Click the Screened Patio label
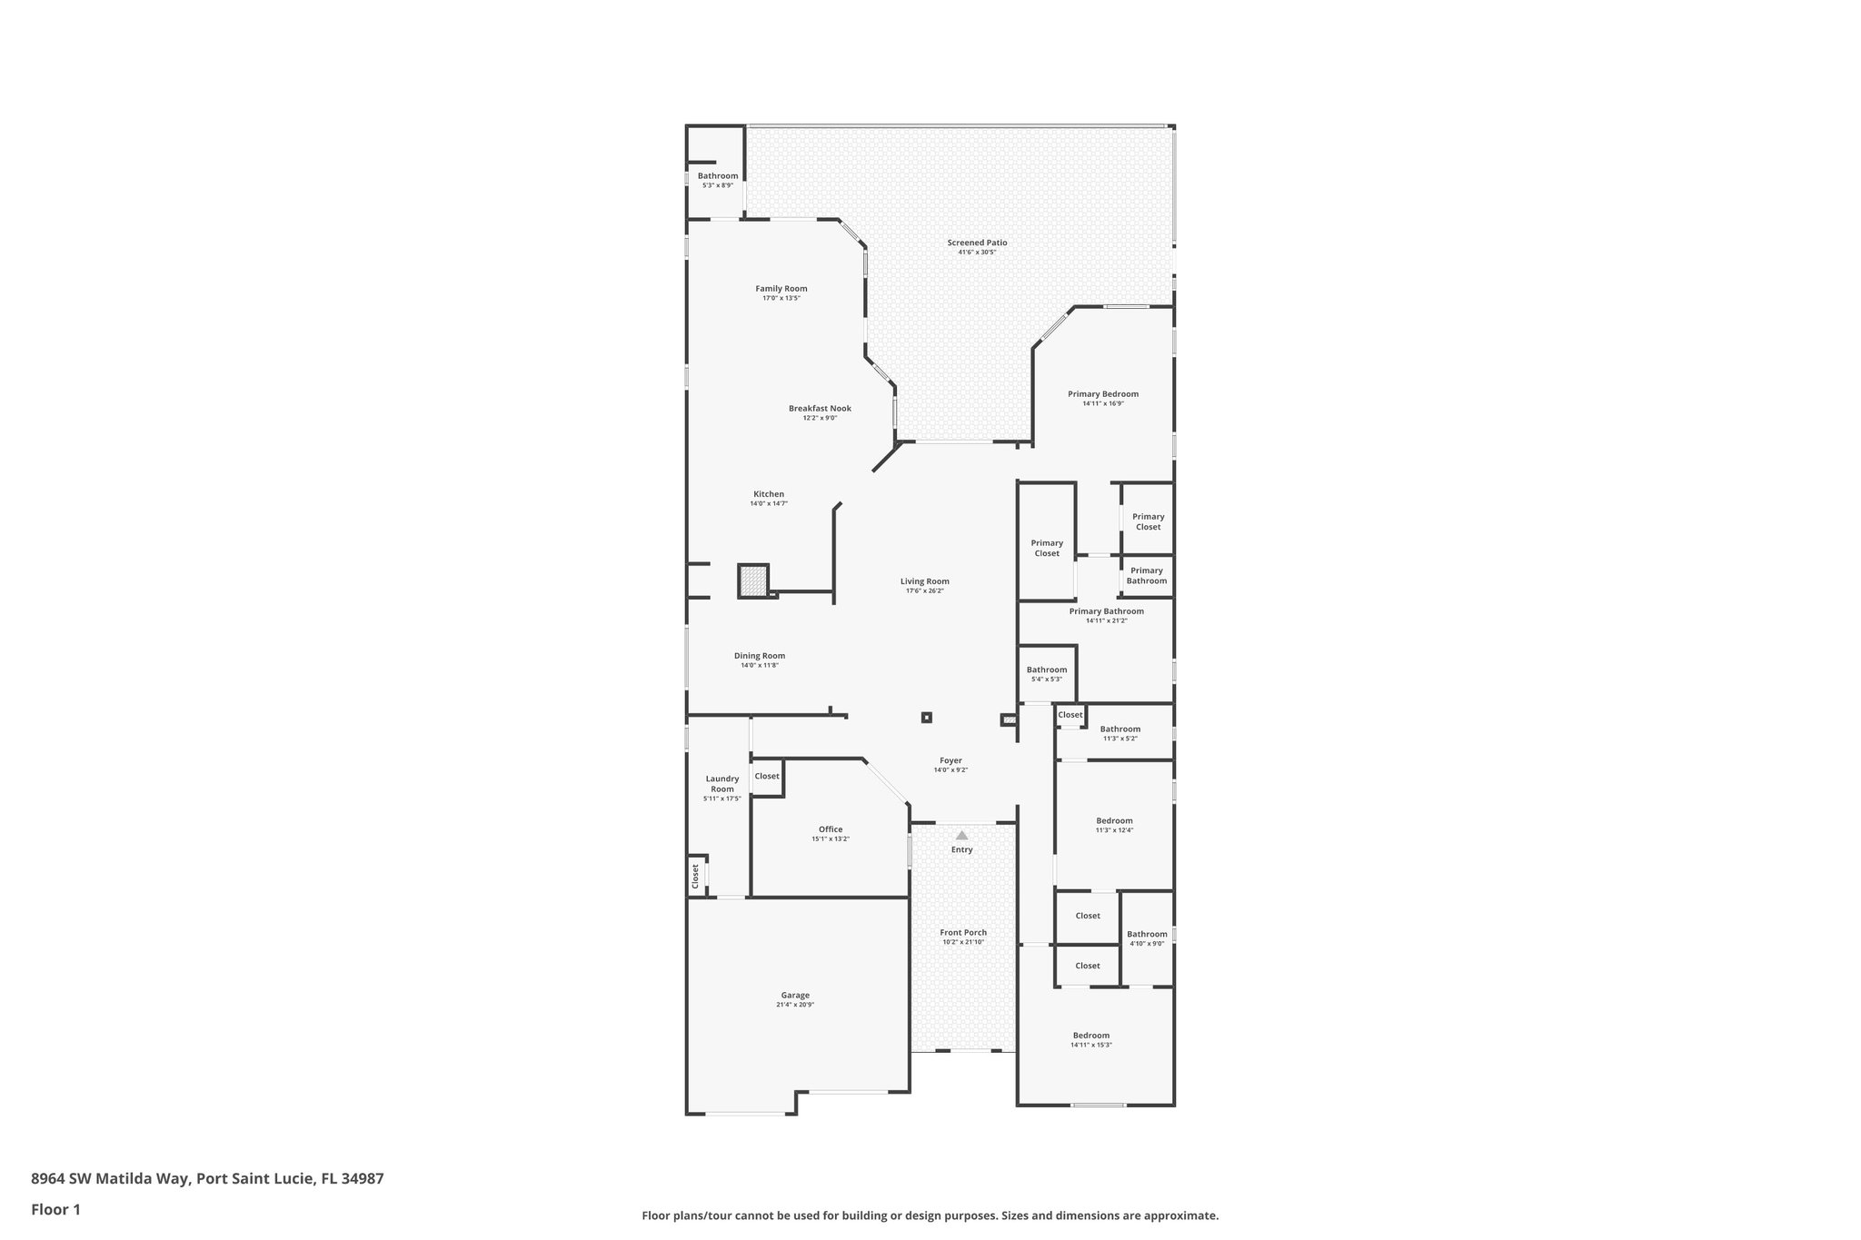pos(977,243)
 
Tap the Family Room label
pos(781,289)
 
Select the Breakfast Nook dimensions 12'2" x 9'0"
pos(819,418)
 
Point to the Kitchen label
pos(768,494)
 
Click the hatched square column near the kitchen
pos(753,580)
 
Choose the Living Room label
pos(924,581)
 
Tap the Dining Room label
pos(759,656)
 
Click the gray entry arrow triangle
pos(961,835)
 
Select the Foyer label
pos(950,760)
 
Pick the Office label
pos(830,829)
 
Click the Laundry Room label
pos(722,783)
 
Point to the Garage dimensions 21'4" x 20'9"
pos(794,1005)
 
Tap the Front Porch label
pos(963,932)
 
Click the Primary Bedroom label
pos(1102,394)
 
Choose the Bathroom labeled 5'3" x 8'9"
pos(717,176)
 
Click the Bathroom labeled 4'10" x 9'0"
pos(1146,934)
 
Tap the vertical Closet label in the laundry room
pos(696,876)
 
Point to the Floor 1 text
pos(55,1209)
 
